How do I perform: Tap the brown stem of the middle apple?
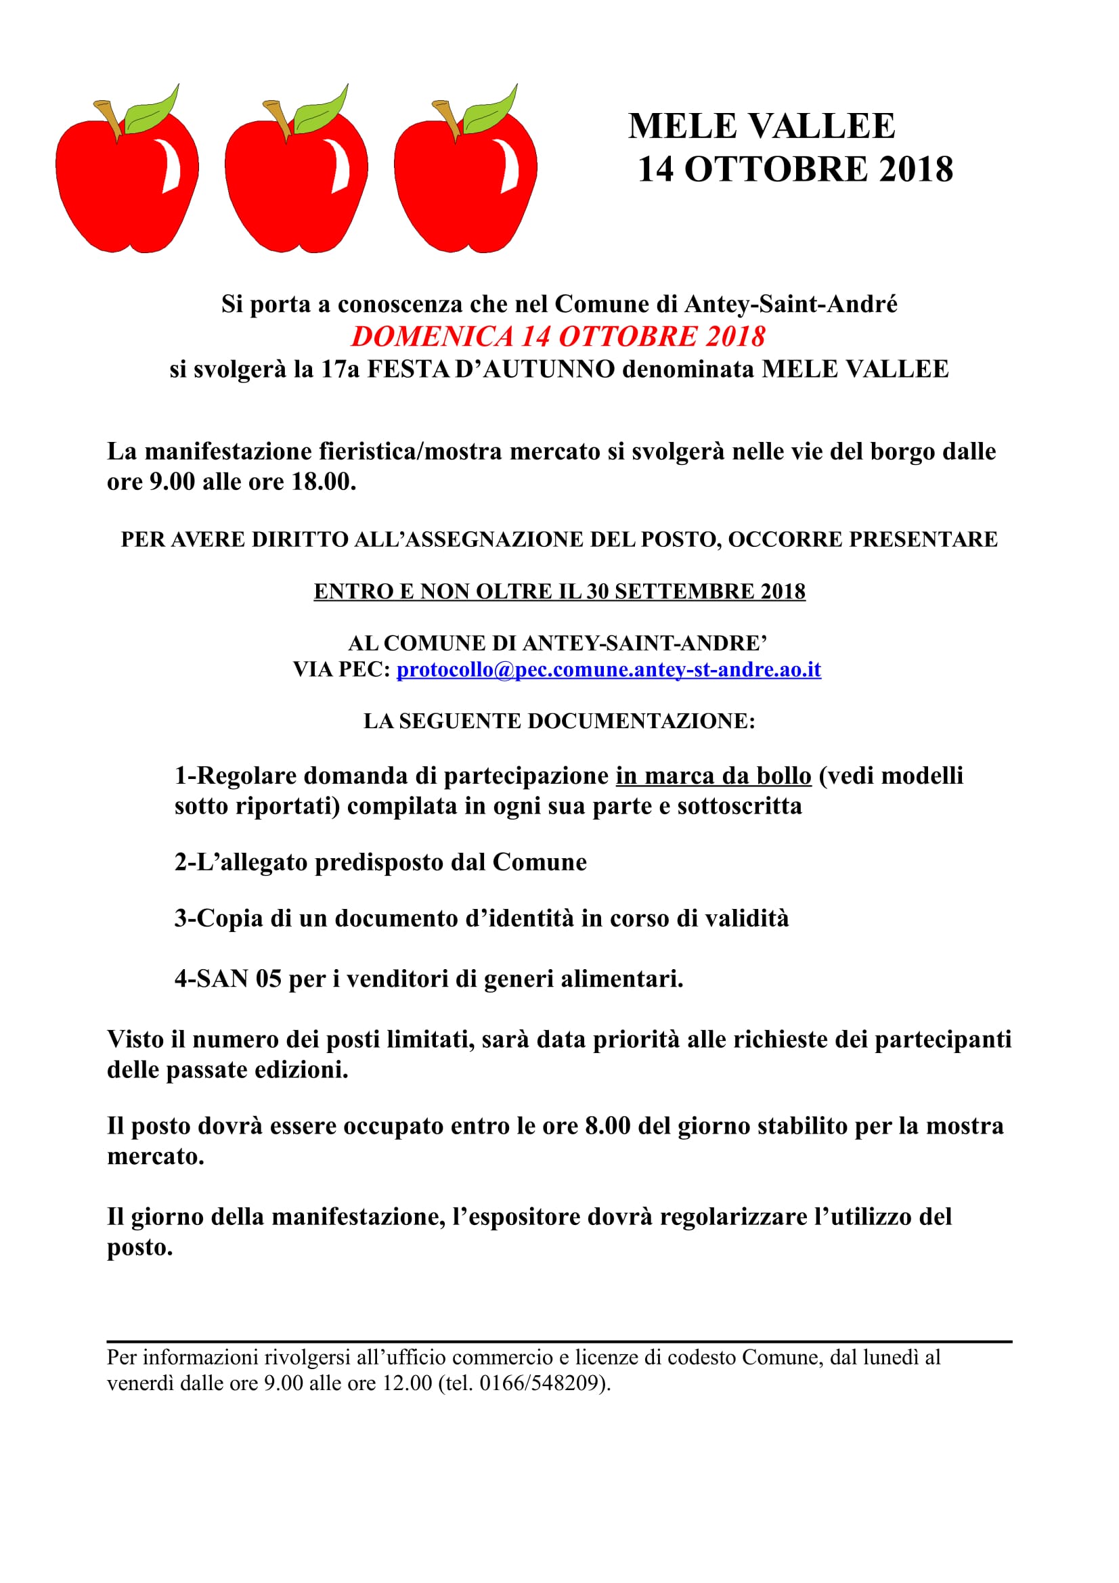point(278,117)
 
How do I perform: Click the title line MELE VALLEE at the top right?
point(761,126)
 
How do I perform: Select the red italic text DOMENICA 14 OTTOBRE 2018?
point(558,336)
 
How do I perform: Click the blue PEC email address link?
point(608,669)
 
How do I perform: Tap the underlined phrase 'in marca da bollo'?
point(713,776)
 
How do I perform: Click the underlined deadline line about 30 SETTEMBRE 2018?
point(559,592)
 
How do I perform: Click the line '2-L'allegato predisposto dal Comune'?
point(380,862)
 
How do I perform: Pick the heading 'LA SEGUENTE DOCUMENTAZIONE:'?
point(559,721)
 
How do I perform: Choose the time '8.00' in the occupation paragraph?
point(607,1126)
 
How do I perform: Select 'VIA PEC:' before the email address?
point(341,669)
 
